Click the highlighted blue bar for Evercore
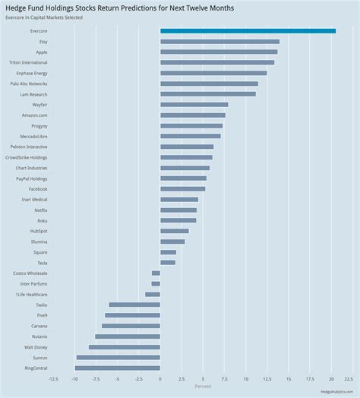coord(248,31)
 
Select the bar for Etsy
coord(219,42)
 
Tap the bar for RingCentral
coord(117,368)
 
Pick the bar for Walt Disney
coord(124,346)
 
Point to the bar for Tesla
coord(168,262)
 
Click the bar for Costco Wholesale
coord(156,273)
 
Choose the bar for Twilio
coord(134,305)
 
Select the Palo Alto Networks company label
coord(29,84)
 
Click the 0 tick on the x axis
coord(160,378)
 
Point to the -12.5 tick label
coord(53,378)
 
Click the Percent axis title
coord(203,386)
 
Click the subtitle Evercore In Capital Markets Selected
coord(43,17)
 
